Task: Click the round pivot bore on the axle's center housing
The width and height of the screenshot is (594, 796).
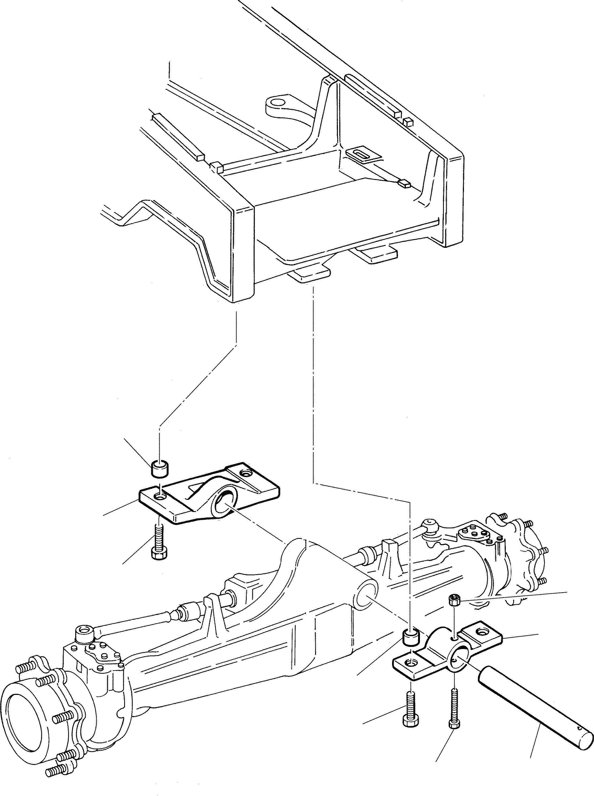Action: tap(365, 596)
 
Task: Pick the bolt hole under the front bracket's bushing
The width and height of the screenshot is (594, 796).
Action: tap(159, 497)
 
